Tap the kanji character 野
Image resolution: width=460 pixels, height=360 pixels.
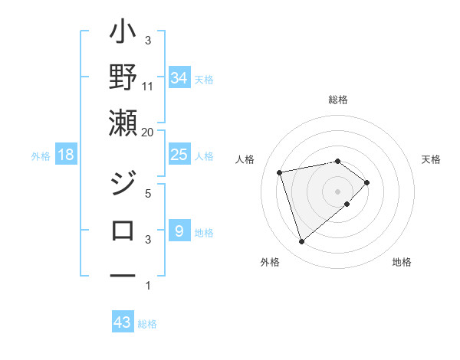pos(123,79)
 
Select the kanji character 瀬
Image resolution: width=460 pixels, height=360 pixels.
pos(123,123)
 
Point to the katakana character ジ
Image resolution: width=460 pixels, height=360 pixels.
pos(123,185)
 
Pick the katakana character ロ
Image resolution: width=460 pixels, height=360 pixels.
pos(123,230)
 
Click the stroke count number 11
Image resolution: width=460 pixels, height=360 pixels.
pos(148,86)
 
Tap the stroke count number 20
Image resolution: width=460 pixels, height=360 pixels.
pos(148,132)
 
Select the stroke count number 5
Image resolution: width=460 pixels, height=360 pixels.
pos(148,194)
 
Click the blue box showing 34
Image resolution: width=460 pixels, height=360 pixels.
pos(179,78)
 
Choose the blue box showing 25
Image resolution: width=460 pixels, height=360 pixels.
pos(179,155)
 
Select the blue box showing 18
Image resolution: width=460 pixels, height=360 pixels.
pos(66,155)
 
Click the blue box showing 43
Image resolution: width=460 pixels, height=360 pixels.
pos(123,322)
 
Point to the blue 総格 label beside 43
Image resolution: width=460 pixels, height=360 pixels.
pos(147,324)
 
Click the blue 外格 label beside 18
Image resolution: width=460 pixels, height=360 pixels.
pos(41,156)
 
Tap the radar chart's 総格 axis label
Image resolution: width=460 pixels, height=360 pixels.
pos(337,100)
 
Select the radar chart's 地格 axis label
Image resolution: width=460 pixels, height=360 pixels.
pos(402,263)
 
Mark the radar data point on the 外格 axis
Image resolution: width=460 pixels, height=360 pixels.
pos(301,242)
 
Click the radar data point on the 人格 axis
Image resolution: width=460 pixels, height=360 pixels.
pos(280,172)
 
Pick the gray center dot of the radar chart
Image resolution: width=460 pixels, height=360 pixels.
pos(337,191)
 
